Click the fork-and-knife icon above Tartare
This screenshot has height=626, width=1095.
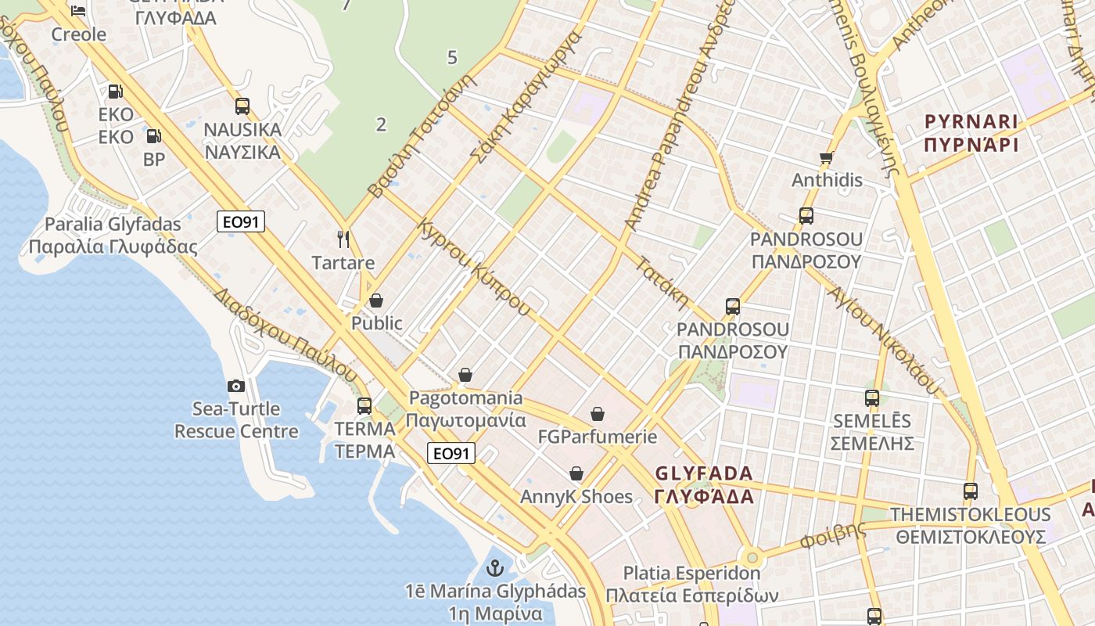tap(343, 239)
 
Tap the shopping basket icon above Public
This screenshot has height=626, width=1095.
tap(376, 300)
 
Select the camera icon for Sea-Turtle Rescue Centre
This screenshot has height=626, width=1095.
tap(235, 386)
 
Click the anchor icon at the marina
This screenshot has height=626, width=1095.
tap(494, 567)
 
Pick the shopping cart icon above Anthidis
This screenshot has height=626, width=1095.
tap(827, 157)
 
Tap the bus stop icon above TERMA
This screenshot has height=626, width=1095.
tap(364, 405)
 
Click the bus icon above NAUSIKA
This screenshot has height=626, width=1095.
tap(242, 106)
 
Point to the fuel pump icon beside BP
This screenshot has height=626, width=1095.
tap(154, 136)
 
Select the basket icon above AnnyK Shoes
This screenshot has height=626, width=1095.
tap(576, 473)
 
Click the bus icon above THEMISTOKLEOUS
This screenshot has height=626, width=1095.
tap(971, 491)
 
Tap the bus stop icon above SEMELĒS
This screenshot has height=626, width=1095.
tap(872, 398)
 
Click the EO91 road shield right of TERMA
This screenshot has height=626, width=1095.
tap(451, 453)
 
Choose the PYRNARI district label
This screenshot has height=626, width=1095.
tap(971, 122)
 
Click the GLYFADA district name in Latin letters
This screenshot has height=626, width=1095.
tap(704, 473)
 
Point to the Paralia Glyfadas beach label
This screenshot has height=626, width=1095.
tap(113, 225)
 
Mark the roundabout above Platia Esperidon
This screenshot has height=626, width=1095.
tap(752, 558)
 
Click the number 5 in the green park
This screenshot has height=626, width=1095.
tap(452, 57)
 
